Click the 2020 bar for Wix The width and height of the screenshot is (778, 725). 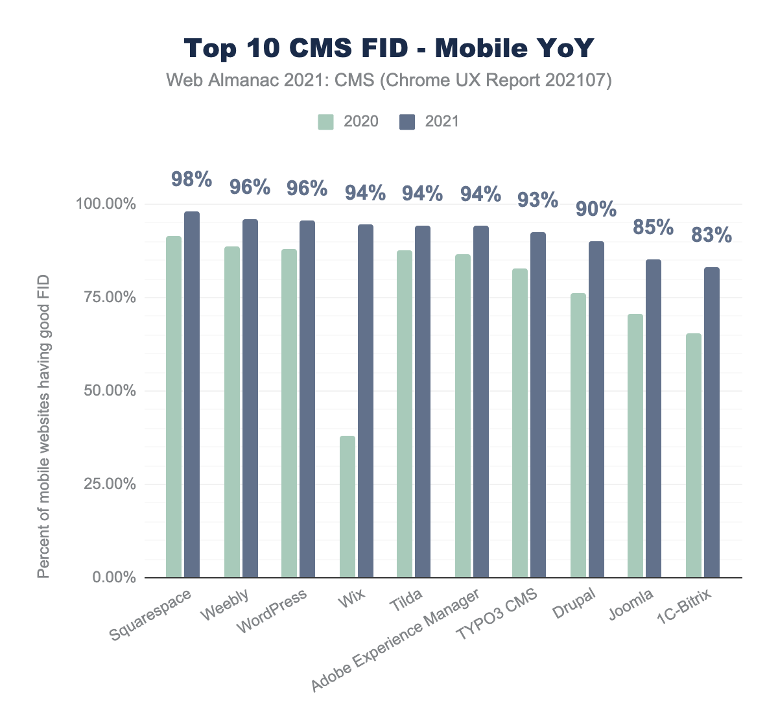348,506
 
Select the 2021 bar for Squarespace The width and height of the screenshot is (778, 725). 192,394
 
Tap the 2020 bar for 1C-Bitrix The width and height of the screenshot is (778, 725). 694,455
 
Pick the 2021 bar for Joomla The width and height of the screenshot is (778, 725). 654,418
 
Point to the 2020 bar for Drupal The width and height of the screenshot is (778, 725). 578,435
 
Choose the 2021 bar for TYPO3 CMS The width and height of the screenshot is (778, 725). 538,405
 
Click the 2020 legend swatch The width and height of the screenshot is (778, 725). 325,122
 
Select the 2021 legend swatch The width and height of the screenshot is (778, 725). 407,122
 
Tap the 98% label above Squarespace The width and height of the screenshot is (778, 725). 191,180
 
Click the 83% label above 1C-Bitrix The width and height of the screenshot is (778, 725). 711,235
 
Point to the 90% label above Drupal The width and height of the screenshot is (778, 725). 596,209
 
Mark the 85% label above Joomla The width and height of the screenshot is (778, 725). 654,227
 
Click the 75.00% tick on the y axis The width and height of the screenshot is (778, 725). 106,298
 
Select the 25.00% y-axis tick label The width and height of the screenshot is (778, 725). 106,484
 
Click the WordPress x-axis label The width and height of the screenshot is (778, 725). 272,613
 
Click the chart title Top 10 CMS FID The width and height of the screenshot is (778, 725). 389,49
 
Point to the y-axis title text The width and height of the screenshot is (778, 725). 43,427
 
